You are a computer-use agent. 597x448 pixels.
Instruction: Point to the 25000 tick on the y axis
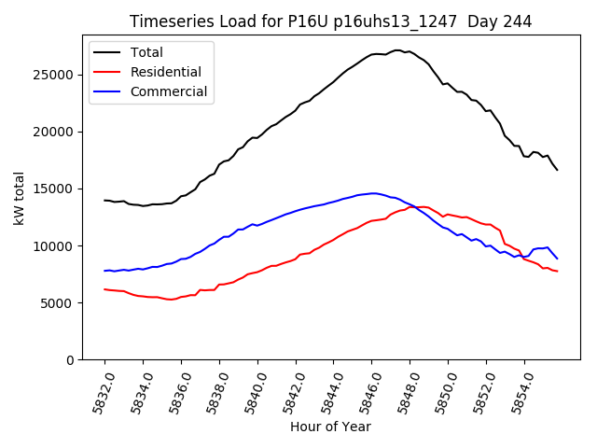tap(57, 75)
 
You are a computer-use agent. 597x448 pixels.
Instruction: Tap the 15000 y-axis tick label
tap(57, 189)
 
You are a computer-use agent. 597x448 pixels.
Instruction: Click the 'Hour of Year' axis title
tap(330, 427)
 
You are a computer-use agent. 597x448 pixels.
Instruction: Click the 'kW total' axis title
tap(19, 198)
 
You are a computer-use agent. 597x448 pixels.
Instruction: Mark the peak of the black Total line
tap(396, 50)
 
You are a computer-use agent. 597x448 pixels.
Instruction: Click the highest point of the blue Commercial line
tap(373, 193)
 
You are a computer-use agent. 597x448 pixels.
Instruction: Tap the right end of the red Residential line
tap(557, 272)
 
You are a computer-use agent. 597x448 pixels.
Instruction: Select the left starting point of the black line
tap(104, 200)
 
